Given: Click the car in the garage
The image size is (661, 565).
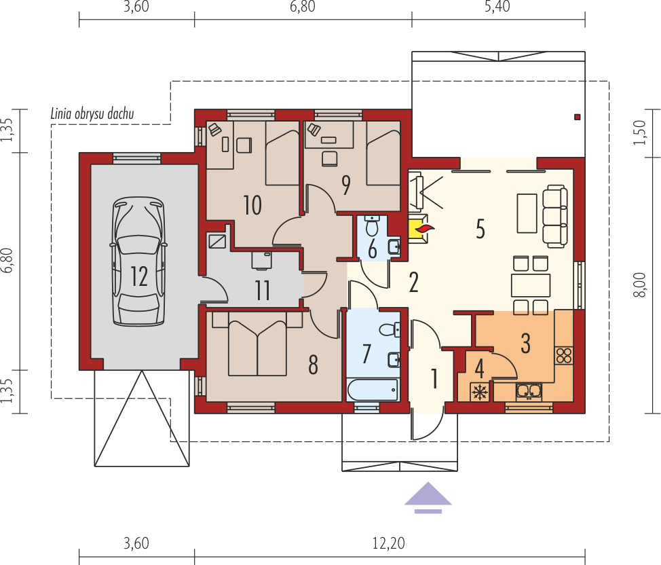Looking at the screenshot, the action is pos(138,261).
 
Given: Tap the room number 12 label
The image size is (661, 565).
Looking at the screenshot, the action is pos(138,277).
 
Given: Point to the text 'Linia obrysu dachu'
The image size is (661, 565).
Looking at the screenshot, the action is pos(92,113).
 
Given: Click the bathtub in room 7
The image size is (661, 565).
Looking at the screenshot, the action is pos(372,390).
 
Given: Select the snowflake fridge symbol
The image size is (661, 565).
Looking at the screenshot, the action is pos(479,393).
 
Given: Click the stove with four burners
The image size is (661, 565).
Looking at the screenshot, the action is pos(564,355).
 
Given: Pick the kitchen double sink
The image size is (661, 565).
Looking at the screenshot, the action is pos(529,391).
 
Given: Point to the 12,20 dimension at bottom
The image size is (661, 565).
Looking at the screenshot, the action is pos(389,543).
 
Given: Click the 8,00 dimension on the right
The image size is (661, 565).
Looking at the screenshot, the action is pos(639,285).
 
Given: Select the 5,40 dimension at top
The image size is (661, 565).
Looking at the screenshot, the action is pos(497,6).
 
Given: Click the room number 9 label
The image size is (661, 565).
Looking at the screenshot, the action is pos(346,185).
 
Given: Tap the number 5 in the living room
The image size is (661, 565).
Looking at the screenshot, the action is pos(480,229).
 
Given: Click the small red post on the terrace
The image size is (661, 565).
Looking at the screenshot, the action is pos(578,117).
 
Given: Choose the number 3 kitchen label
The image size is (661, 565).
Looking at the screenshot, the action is pos(525,343).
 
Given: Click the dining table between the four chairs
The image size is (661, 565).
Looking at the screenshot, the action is pos(531,285).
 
